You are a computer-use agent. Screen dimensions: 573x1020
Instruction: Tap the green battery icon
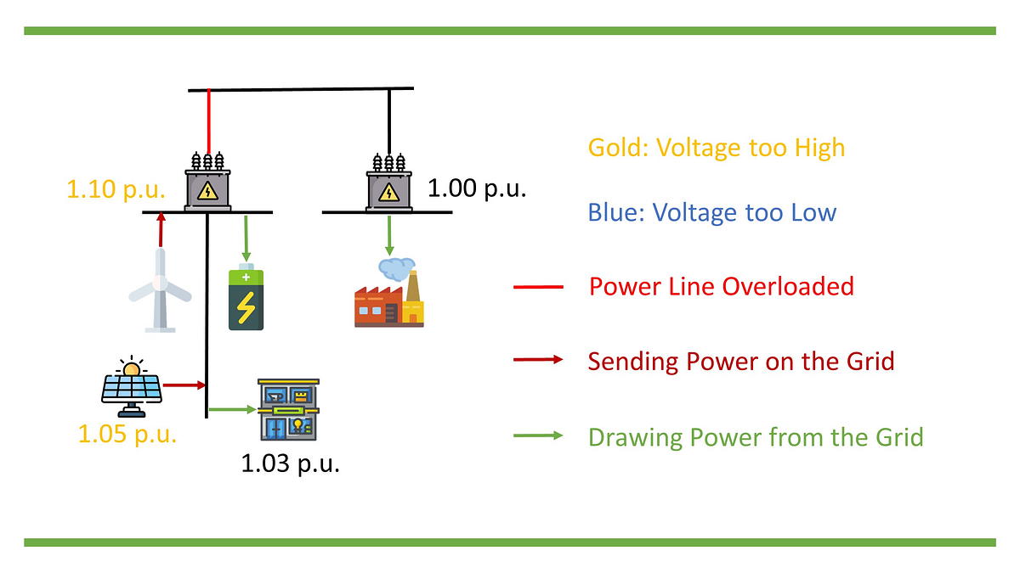pos(246,299)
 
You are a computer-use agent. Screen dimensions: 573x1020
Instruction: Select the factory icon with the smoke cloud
pos(388,294)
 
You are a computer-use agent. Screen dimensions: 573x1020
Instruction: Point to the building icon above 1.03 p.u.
pos(288,410)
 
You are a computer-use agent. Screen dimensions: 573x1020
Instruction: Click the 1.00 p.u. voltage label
pos(477,188)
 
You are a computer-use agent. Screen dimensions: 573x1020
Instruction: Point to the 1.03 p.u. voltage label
pos(290,464)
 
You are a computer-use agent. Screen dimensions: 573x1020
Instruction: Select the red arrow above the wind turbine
pos(160,231)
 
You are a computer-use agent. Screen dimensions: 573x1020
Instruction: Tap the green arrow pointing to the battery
pos(246,238)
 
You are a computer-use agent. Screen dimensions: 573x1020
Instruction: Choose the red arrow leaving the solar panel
pos(184,385)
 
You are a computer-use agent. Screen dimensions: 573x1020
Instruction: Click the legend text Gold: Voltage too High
pos(717,148)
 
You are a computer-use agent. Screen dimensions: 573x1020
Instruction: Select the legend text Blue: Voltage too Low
pos(711,212)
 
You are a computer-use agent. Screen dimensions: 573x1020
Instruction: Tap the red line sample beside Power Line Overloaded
pos(538,288)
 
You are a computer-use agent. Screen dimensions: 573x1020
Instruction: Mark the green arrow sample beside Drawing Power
pos(538,435)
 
